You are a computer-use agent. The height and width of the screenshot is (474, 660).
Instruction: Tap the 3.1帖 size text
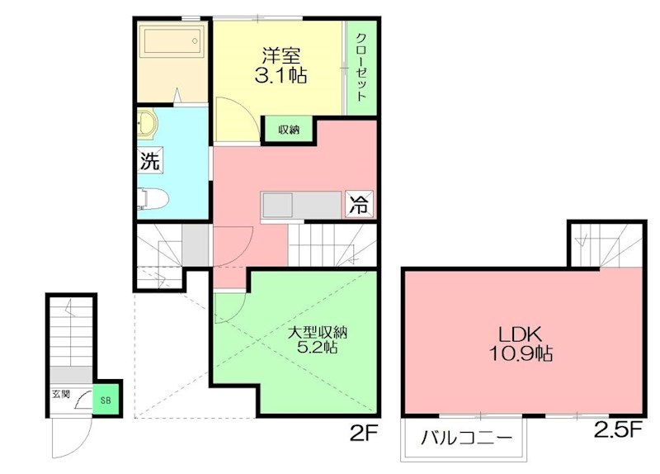click(x=280, y=76)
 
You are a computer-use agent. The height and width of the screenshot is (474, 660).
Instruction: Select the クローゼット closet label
click(x=361, y=66)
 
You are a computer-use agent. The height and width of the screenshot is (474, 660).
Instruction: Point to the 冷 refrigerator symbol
click(x=359, y=202)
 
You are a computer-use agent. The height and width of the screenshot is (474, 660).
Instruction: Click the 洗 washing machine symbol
click(x=149, y=161)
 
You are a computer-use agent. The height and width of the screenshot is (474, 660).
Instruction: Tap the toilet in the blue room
click(x=153, y=198)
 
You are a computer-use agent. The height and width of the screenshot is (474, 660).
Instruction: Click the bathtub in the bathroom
click(x=172, y=39)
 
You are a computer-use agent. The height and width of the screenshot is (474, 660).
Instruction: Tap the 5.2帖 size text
click(x=318, y=350)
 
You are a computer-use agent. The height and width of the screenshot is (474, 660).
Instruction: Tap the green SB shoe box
click(x=106, y=399)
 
